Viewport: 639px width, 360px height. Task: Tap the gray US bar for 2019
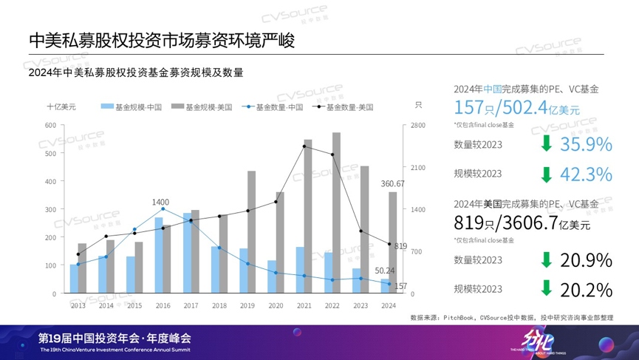coord(251,232)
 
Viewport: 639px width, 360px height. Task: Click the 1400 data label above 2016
coord(160,202)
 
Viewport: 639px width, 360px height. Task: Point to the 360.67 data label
coord(392,183)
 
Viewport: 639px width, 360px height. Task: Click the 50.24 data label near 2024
coord(386,271)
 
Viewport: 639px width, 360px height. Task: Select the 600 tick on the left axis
coord(50,125)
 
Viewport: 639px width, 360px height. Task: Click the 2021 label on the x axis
coord(304,305)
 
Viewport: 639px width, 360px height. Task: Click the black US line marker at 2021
coord(304,146)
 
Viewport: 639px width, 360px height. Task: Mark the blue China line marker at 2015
coord(134,229)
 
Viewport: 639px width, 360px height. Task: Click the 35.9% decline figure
coord(586,144)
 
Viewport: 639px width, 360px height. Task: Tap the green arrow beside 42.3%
coord(546,174)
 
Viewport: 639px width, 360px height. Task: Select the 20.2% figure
coord(586,289)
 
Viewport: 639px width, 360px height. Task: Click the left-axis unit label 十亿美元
coord(61,107)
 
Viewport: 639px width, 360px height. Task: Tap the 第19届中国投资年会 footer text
coord(115,338)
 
